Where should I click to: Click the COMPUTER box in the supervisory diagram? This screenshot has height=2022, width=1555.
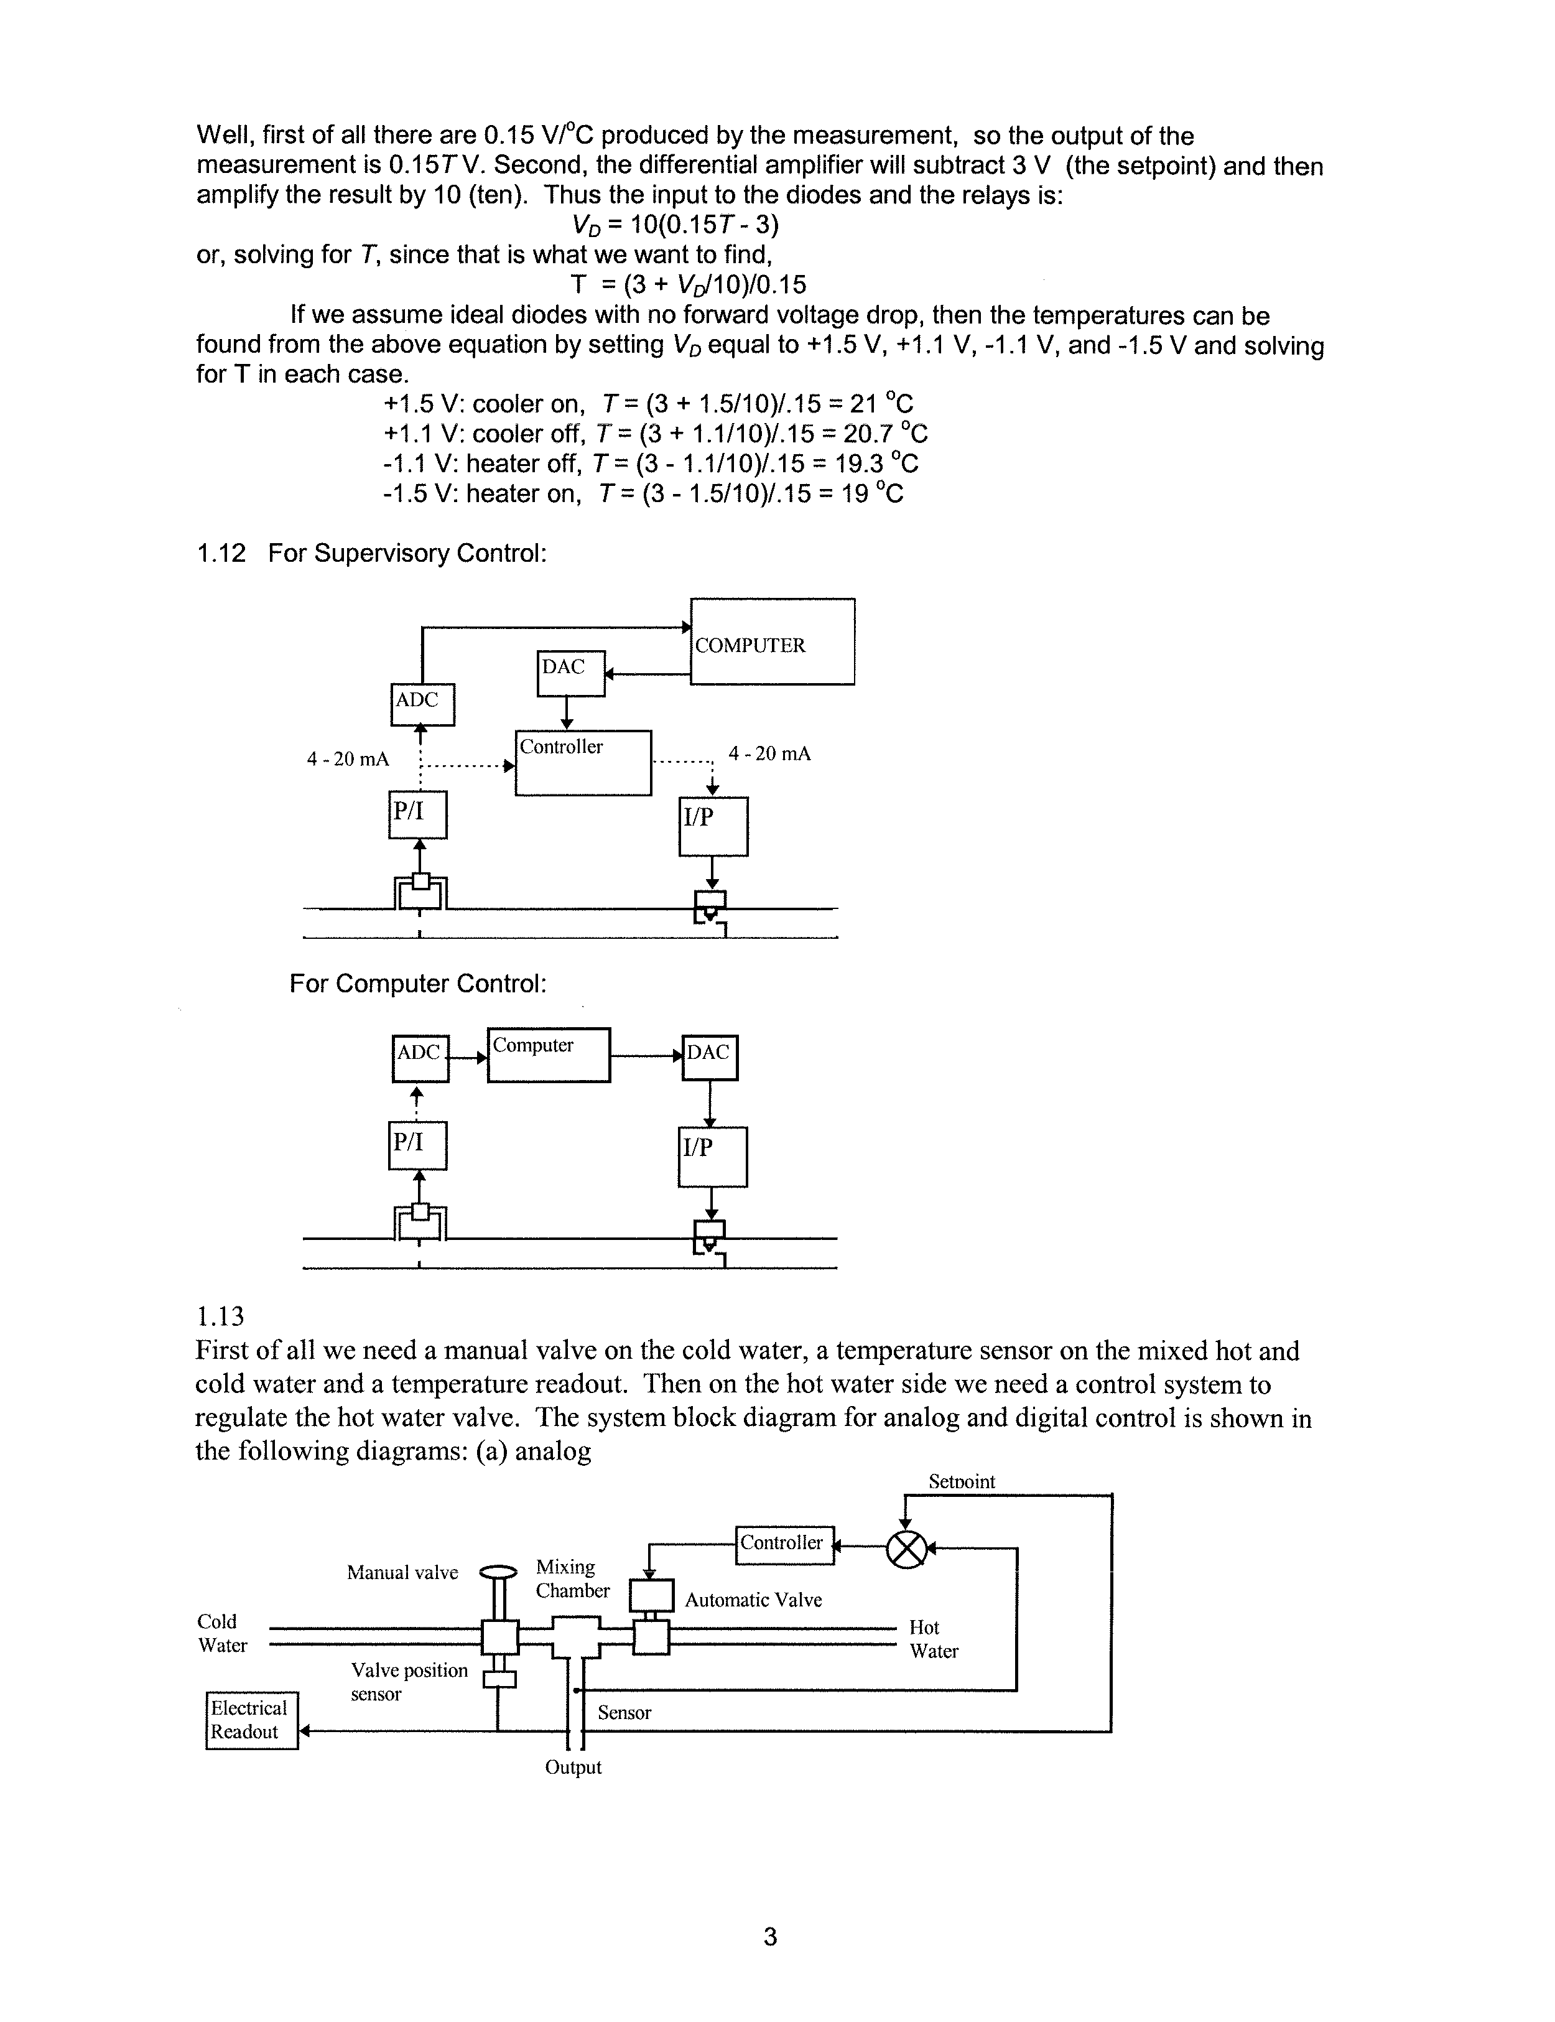tap(772, 641)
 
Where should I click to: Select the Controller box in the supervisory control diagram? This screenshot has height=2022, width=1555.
tap(583, 763)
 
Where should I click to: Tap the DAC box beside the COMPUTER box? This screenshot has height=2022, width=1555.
tap(570, 673)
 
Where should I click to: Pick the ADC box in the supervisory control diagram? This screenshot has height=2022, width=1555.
tap(422, 704)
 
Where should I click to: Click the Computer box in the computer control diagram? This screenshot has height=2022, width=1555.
tap(548, 1055)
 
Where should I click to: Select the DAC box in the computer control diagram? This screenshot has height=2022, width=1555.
tap(709, 1057)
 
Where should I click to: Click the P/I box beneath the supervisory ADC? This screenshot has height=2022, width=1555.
tap(417, 815)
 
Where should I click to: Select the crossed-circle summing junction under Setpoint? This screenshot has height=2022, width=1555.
tap(906, 1549)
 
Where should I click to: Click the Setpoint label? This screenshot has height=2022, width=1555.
tap(962, 1481)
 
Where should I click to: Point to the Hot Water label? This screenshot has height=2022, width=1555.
tap(933, 1639)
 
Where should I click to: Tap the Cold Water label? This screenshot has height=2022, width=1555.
tap(222, 1633)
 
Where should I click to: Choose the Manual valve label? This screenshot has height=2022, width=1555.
tap(402, 1572)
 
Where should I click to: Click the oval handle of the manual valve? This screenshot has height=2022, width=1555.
tap(499, 1571)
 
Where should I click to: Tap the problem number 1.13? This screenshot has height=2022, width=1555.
tap(220, 1315)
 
